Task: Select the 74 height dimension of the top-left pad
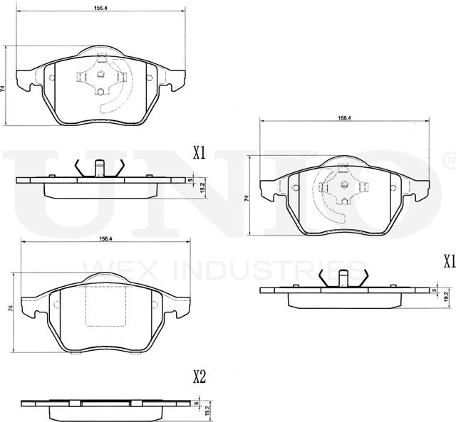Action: [4, 88]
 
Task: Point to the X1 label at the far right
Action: [448, 261]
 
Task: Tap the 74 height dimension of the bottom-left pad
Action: [9, 310]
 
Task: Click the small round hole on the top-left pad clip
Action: [100, 90]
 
